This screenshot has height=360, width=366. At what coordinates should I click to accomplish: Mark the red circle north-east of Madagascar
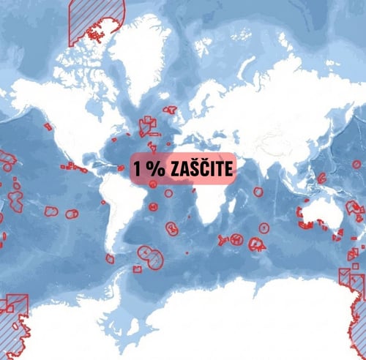pyautogui.click(x=258, y=191)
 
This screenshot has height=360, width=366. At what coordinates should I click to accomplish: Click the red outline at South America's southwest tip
pyautogui.click(x=110, y=258)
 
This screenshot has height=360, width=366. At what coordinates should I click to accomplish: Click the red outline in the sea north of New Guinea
pyautogui.click(x=322, y=177)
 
